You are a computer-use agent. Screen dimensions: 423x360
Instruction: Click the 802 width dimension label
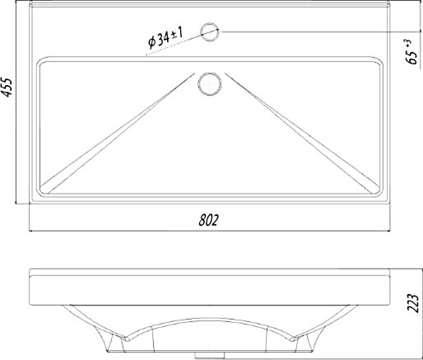point(209,220)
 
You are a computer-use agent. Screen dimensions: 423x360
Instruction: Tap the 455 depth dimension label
point(7,87)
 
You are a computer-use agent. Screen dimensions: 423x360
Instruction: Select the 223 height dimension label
point(413,303)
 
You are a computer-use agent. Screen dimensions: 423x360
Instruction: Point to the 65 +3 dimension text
point(411,52)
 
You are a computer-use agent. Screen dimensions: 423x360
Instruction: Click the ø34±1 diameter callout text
point(165,38)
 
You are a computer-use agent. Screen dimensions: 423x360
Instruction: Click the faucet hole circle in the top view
point(210,32)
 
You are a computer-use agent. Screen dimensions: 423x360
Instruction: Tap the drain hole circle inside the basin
point(210,84)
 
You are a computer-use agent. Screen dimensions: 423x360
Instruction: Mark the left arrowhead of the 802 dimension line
point(31,231)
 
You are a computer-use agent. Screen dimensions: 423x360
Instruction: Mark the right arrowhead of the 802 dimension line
point(388,231)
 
